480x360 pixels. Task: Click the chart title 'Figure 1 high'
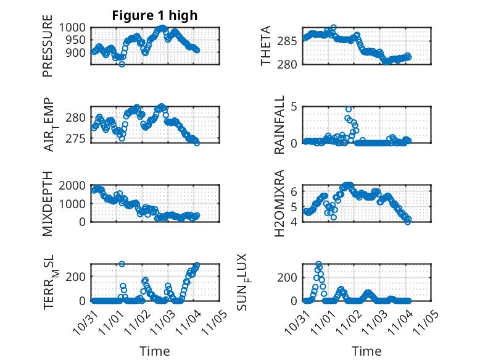154,15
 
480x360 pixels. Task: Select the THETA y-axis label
266,46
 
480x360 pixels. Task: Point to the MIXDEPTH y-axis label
48,203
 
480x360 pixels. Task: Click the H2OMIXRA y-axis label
279,203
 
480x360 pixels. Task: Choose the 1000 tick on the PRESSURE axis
75,28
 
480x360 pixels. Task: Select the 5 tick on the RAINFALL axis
295,107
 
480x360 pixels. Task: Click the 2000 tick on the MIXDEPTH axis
75,185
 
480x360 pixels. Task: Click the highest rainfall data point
349,109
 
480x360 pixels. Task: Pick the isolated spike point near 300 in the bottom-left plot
122,264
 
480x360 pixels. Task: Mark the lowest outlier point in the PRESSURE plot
122,64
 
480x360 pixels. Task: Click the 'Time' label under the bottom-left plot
154,351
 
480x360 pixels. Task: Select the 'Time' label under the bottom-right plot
366,351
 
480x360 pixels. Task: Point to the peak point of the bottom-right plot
319,264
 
